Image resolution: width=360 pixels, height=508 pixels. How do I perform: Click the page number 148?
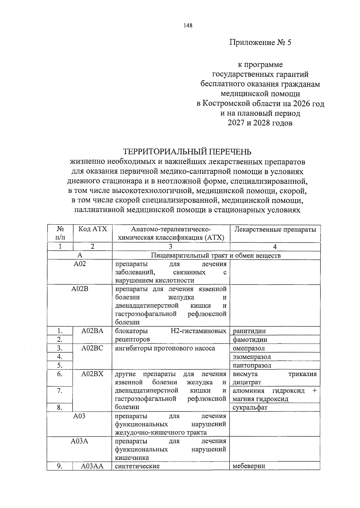[188, 25]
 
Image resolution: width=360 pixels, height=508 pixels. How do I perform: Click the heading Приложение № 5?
[260, 42]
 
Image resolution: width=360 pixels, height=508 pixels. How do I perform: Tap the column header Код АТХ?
[92, 229]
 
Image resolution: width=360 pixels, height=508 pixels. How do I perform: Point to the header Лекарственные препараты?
[275, 229]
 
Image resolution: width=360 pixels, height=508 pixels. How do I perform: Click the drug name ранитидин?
[249, 331]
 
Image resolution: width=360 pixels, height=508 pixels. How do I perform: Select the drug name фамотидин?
[250, 339]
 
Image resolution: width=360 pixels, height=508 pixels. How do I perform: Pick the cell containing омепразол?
[249, 348]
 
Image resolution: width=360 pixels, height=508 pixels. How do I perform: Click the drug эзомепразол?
[252, 357]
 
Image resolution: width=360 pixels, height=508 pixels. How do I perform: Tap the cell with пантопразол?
[252, 365]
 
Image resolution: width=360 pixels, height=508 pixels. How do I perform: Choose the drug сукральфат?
[250, 407]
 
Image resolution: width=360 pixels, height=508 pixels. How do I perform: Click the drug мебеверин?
[249, 466]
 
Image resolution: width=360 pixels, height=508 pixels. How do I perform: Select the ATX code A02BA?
[92, 331]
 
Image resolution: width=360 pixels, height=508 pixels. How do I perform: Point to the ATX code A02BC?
[92, 348]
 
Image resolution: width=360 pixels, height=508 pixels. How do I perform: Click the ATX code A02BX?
[92, 374]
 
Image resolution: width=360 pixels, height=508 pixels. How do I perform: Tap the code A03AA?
[92, 466]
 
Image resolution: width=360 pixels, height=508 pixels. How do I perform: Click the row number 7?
[60, 390]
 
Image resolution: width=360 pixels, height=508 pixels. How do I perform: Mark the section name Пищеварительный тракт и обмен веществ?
[216, 255]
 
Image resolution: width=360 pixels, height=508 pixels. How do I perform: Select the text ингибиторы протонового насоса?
[165, 348]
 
